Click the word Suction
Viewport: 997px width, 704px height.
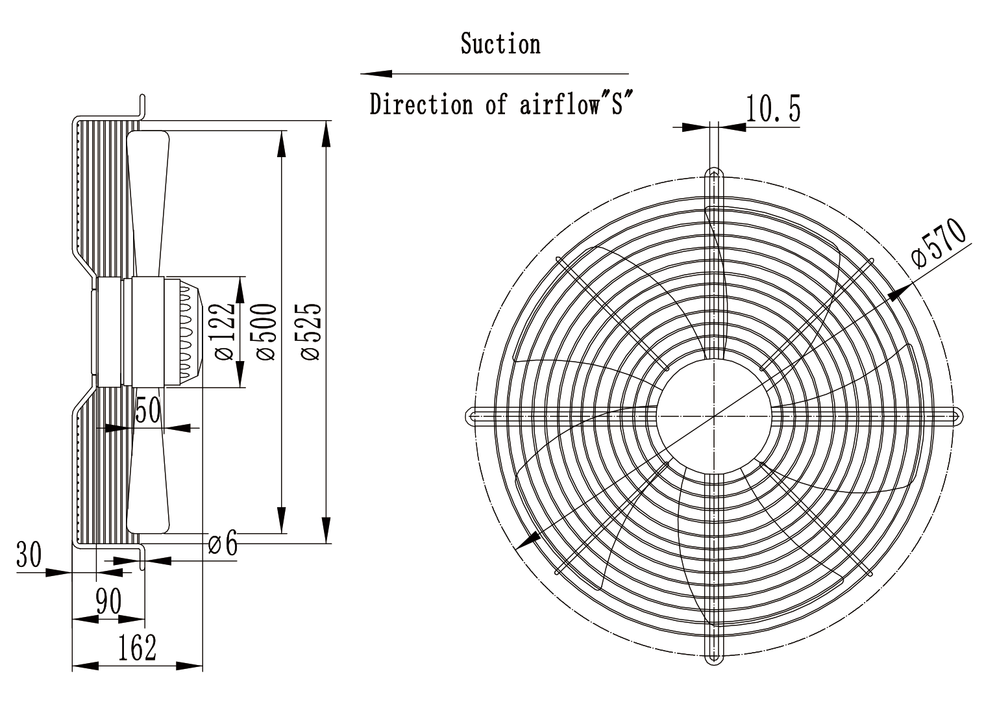coord(500,44)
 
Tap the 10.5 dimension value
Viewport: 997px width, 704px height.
coord(773,108)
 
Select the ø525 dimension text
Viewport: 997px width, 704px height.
coord(311,331)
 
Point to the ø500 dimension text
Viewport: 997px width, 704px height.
coord(267,331)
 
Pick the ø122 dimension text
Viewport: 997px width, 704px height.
coord(224,331)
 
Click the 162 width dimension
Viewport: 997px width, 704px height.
coord(137,648)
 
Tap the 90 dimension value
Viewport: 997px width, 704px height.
coord(108,601)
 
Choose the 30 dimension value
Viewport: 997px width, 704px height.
coord(29,555)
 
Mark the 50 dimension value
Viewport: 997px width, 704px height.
coord(148,410)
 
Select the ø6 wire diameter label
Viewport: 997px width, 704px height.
coord(223,543)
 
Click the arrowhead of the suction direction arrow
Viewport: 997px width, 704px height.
coord(376,73)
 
